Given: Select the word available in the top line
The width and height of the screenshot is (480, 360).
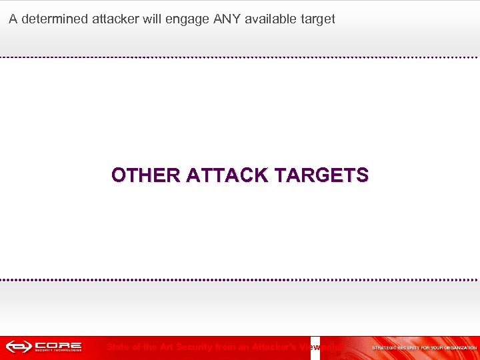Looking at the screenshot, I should pos(273,19).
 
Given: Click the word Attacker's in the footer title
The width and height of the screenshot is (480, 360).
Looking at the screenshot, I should pos(274,347).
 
